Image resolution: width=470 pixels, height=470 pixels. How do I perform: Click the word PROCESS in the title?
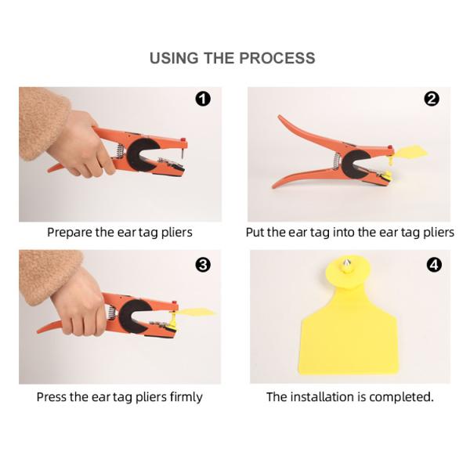[277, 58]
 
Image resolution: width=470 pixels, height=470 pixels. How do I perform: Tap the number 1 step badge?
[203, 99]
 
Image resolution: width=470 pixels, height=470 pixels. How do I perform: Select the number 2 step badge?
[432, 99]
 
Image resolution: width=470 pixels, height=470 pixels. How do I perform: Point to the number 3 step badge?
[203, 265]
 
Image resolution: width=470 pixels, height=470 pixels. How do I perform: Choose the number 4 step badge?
[434, 265]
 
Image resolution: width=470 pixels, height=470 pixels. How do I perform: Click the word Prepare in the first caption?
[70, 233]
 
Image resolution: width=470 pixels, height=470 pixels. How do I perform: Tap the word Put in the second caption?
[255, 233]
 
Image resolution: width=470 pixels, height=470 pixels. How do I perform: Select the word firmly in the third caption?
[186, 397]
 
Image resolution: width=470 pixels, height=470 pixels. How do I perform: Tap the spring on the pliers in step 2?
[337, 161]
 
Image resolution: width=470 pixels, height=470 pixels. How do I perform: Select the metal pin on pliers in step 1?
[183, 153]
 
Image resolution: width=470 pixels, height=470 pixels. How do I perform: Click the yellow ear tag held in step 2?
[409, 153]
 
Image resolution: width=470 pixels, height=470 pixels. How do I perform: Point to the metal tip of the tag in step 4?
[347, 265]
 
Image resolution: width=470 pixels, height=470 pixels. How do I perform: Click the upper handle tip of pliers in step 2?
[280, 116]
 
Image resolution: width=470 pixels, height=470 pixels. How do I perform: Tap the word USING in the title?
[174, 58]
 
